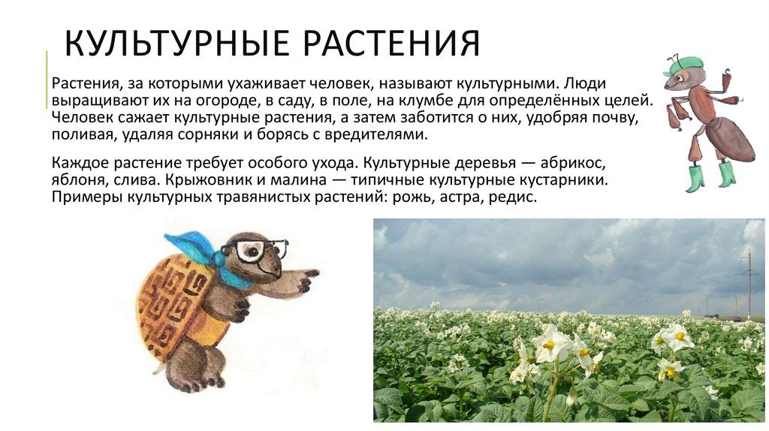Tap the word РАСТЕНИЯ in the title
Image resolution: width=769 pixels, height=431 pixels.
[391, 44]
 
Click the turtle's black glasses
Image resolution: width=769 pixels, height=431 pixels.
[259, 249]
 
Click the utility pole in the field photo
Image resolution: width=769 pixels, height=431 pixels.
[748, 282]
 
